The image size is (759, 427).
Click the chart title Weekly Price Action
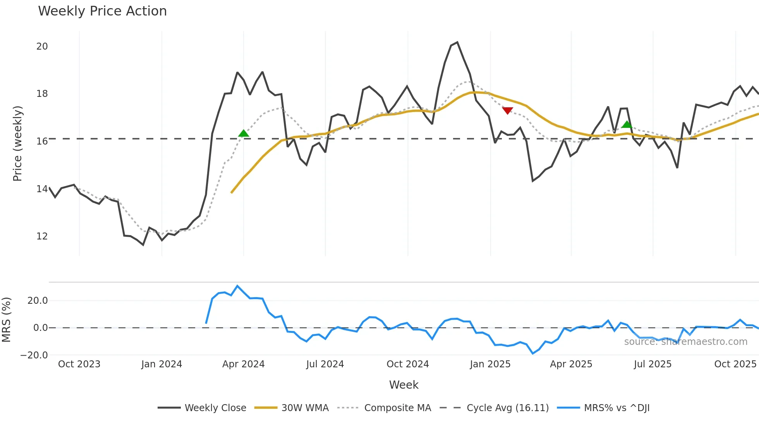pos(102,11)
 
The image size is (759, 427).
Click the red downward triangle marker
pos(507,110)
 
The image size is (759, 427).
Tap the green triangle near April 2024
pos(244,134)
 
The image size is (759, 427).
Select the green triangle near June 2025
pos(627,124)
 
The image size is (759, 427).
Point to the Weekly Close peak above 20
pos(457,42)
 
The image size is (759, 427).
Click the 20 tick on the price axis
pos(42,46)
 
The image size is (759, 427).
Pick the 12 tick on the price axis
pos(42,236)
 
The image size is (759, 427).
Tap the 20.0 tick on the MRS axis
pos(38,301)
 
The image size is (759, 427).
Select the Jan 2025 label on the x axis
pos(490,364)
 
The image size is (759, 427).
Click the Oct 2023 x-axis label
pos(79,364)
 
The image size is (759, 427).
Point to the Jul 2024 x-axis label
pos(325,364)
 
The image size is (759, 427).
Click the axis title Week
pos(404,385)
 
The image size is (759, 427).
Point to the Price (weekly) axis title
pos(17,143)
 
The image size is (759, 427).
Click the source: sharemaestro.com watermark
pos(685,342)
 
